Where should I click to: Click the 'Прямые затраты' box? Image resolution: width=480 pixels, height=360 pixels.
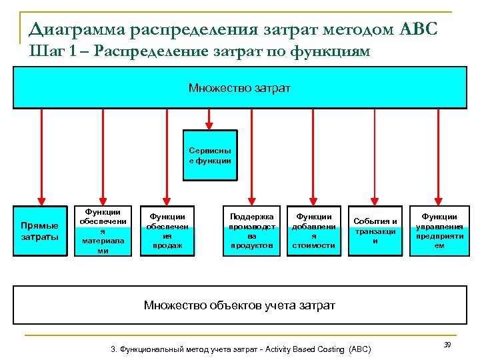pyautogui.click(x=40, y=231)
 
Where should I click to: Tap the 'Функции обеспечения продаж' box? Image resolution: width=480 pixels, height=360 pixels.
pyautogui.click(x=167, y=231)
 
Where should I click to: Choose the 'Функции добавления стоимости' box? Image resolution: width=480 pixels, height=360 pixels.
pyautogui.click(x=313, y=231)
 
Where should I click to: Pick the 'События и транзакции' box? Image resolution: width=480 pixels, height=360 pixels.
pyautogui.click(x=375, y=231)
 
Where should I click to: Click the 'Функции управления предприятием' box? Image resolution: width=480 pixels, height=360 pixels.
pyautogui.click(x=439, y=231)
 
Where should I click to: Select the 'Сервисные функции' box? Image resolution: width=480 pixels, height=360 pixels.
pyautogui.click(x=209, y=155)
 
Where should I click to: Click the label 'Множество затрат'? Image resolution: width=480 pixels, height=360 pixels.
pyautogui.click(x=239, y=88)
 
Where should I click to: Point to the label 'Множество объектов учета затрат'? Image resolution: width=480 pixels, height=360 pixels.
pyautogui.click(x=239, y=305)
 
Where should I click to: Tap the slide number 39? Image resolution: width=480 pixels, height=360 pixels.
pyautogui.click(x=447, y=344)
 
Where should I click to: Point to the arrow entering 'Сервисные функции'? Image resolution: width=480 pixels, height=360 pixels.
pyautogui.click(x=209, y=119)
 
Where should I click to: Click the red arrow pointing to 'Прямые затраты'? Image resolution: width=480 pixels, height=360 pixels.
pyautogui.click(x=41, y=157)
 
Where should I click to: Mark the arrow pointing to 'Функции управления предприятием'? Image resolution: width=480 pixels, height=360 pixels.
pyautogui.click(x=439, y=157)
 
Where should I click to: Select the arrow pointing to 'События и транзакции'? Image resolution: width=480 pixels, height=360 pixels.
pyautogui.click(x=375, y=157)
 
